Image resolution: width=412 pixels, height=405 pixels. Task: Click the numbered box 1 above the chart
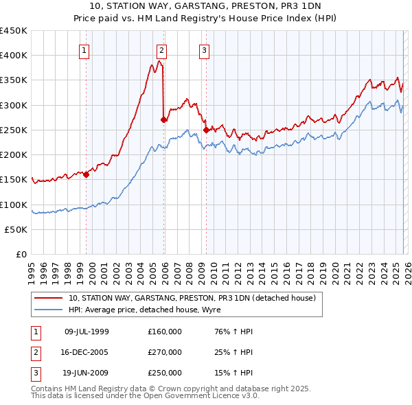click(x=84, y=49)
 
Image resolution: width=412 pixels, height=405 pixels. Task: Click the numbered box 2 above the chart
click(x=161, y=49)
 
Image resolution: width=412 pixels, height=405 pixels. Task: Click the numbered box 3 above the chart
click(x=205, y=49)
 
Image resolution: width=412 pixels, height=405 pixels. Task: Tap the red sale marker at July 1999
click(x=87, y=174)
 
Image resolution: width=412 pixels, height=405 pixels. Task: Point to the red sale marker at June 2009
click(x=206, y=130)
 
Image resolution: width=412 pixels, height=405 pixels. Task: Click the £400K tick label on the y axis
click(x=14, y=56)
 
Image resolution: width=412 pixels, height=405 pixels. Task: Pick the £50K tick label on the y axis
click(x=16, y=230)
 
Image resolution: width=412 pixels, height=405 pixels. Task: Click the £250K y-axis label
click(x=14, y=130)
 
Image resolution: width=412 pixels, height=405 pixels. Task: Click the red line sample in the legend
click(x=48, y=299)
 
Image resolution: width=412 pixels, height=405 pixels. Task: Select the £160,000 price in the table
click(x=165, y=332)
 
